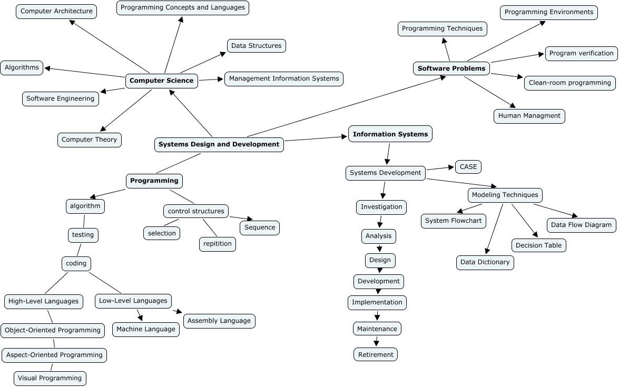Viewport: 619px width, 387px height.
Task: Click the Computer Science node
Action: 162,81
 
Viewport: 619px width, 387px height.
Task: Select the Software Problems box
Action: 451,68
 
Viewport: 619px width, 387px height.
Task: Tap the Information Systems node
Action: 390,134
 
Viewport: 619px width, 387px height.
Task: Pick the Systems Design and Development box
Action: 219,144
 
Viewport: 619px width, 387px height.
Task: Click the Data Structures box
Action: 257,46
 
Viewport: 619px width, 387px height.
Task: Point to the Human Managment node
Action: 529,116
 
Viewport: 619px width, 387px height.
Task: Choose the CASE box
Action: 468,167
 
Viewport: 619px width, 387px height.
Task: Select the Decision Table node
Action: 538,245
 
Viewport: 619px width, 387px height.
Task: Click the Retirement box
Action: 376,354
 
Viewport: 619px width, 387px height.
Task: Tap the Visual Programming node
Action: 50,378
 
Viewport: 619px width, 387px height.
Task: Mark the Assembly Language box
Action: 219,321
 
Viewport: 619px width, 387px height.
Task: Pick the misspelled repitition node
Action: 218,244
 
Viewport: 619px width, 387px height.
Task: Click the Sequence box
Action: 260,227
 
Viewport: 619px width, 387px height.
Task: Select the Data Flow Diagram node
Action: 581,225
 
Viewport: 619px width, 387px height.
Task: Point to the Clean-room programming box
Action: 570,83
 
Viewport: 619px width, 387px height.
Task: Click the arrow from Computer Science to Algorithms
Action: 84,72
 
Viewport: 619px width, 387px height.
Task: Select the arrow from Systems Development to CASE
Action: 440,168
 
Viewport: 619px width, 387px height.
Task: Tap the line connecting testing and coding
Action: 80,250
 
